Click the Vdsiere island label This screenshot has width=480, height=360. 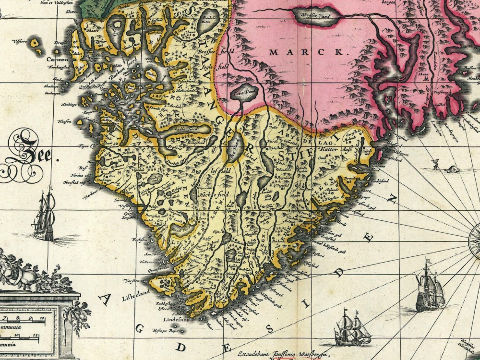click(x=22, y=41)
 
